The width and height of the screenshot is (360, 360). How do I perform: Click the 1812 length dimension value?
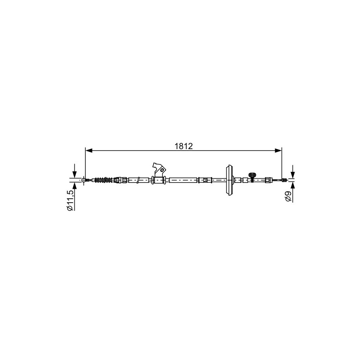183,146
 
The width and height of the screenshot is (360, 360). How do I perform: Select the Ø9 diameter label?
288,196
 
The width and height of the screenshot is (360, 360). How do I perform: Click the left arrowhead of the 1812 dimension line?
89,151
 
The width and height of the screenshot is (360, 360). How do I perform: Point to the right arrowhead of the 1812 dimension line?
278,151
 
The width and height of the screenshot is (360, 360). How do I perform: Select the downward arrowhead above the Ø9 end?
292,175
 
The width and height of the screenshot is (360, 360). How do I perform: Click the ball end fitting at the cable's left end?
84,180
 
